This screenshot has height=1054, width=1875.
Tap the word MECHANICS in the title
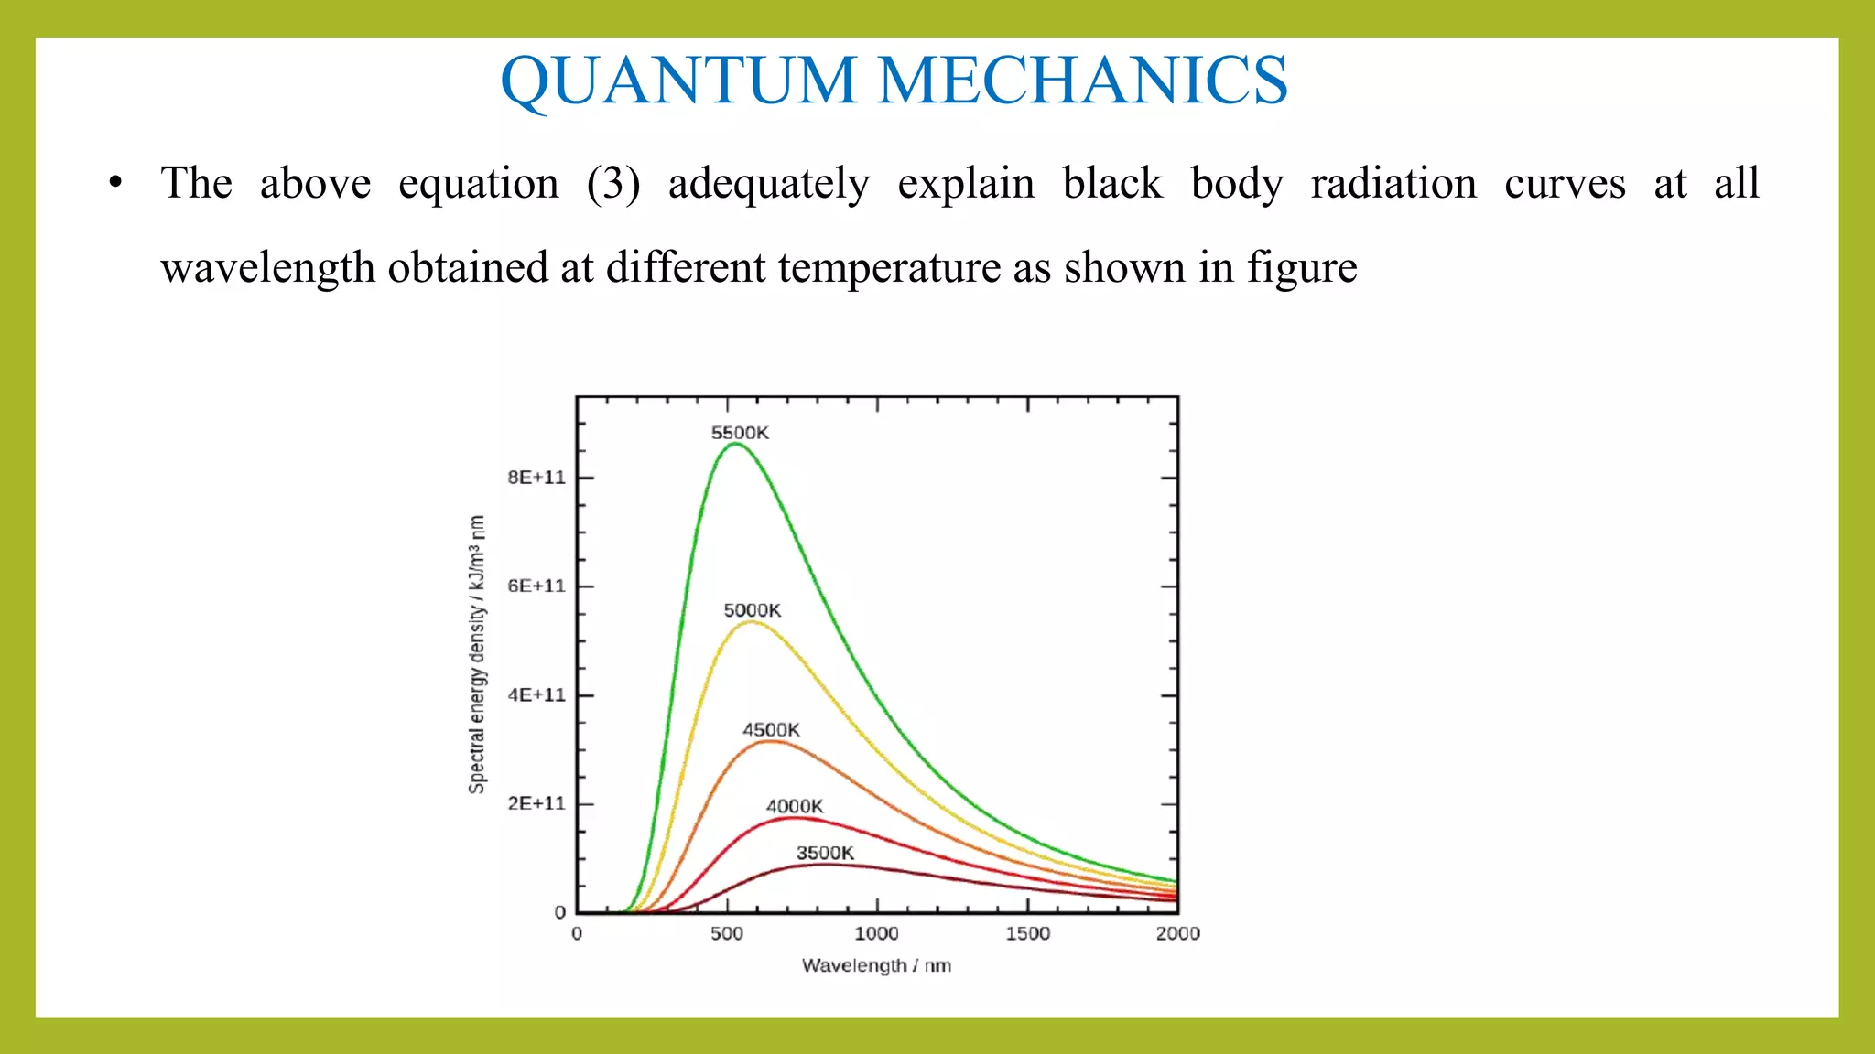[1083, 81]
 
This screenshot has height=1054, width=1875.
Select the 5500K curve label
[740, 433]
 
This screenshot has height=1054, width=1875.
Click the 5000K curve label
[752, 610]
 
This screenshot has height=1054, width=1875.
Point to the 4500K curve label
[771, 730]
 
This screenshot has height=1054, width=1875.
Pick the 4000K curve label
[795, 806]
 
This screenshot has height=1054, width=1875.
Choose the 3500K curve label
[825, 854]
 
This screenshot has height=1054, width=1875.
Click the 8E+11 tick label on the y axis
[536, 478]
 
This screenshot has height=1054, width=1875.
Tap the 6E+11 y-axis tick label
[536, 586]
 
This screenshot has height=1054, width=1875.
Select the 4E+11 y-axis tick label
[536, 695]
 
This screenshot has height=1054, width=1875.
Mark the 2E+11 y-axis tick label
[536, 803]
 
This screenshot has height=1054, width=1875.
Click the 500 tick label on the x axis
[727, 934]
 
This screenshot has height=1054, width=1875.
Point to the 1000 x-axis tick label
[877, 934]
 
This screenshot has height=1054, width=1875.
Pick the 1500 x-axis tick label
[1027, 934]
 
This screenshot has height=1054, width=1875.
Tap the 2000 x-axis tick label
[1177, 934]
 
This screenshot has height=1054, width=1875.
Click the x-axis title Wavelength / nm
[876, 966]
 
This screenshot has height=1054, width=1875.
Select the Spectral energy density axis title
[477, 654]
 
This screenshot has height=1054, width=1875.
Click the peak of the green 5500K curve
[735, 444]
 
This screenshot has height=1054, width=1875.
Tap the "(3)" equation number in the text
[613, 184]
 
